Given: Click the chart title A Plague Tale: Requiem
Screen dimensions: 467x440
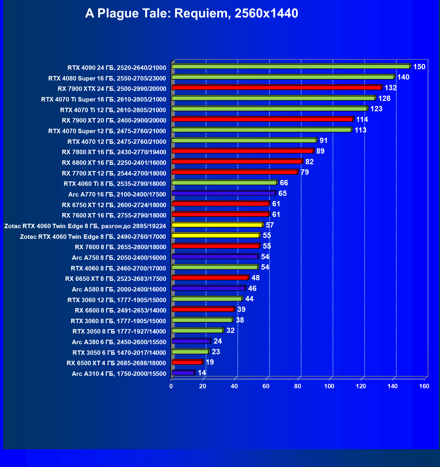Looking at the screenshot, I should [x=191, y=14].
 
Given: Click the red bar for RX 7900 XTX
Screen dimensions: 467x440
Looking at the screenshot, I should [x=276, y=88].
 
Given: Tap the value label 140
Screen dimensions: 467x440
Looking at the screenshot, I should [x=403, y=77].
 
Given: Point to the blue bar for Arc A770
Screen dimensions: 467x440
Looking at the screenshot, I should [x=223, y=193].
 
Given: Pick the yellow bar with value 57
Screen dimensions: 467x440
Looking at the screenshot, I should [x=217, y=225].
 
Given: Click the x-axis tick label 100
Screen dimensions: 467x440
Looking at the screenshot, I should [x=329, y=386].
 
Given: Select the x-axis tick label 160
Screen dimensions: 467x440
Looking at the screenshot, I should [x=424, y=386].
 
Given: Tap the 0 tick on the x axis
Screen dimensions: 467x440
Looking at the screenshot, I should [x=171, y=386].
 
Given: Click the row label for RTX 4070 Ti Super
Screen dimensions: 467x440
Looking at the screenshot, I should [x=104, y=99].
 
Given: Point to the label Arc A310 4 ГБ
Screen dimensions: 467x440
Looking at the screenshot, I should [x=119, y=374].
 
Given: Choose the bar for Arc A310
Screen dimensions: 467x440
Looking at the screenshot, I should [x=183, y=373].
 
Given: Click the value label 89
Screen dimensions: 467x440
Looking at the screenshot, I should [x=320, y=151].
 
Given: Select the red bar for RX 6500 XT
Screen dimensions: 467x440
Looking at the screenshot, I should [x=187, y=362].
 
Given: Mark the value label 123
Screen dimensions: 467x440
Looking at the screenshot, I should [x=376, y=109].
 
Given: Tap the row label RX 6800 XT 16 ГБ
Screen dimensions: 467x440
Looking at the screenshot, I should [x=114, y=163].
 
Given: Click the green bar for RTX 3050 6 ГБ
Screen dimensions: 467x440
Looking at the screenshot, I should [x=190, y=352].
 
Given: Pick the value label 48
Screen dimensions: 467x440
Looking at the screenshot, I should [x=255, y=278].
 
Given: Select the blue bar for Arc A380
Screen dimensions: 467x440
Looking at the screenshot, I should [x=191, y=341].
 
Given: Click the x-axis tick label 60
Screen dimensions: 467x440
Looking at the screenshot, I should [x=266, y=386].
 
